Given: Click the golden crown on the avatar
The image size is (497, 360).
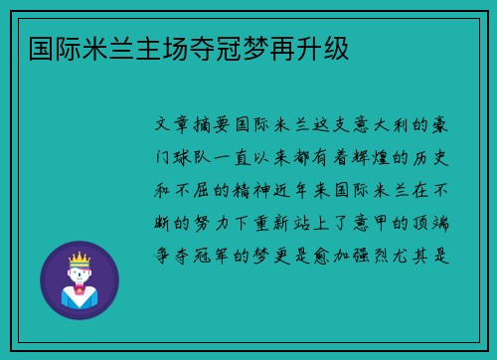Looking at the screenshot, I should [x=79, y=258].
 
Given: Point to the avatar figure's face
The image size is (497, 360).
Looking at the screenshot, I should [x=79, y=272].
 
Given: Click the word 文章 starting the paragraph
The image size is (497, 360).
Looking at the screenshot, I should [x=177, y=126].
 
